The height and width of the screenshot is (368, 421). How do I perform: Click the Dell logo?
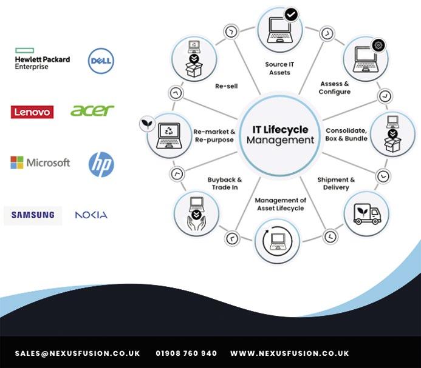(101, 61)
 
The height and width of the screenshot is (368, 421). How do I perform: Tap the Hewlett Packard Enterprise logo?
(42, 60)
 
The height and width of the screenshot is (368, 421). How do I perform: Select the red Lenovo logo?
(32, 112)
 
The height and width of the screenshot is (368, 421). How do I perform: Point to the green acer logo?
(92, 110)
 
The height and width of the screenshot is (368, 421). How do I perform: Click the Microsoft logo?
(40, 162)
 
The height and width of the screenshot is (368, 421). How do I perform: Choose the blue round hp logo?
(101, 164)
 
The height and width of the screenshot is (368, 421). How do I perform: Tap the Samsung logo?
(33, 215)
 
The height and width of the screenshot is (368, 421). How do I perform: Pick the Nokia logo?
(91, 215)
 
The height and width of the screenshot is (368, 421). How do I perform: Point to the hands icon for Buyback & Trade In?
(196, 214)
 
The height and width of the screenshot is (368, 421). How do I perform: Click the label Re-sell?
(226, 86)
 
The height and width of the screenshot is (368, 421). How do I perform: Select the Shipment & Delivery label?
(336, 184)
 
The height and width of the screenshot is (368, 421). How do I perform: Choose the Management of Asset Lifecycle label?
(280, 204)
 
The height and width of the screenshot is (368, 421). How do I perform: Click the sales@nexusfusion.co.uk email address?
(78, 353)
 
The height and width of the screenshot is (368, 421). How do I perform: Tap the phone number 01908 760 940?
(186, 353)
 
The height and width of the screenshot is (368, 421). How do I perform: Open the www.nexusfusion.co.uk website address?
(290, 353)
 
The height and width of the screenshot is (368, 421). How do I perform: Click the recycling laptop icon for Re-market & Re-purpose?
(168, 133)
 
